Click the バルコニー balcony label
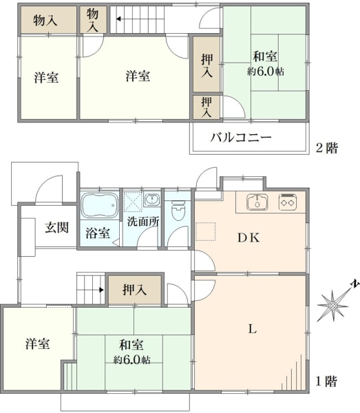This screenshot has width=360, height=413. point(241,138)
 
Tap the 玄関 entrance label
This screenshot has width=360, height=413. point(57,228)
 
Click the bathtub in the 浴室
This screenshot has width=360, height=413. point(99,205)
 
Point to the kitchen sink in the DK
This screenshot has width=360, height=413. point(257,202)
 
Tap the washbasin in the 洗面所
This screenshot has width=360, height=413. point(152,200)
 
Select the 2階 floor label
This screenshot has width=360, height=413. point(327,148)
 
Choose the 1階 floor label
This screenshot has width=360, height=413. point(326,381)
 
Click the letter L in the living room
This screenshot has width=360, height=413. point(253,329)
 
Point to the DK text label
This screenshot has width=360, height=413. point(248,238)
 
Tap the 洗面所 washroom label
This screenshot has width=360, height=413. point(143,222)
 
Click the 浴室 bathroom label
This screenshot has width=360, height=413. point(98,233)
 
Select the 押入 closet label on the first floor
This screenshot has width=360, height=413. point(135,290)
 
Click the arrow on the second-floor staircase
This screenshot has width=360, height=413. point(119,19)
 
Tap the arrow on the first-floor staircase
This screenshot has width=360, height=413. point(101,290)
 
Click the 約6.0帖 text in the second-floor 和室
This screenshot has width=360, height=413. point(266,72)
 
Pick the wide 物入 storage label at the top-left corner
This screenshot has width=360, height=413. point(45,20)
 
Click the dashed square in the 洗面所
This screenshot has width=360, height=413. point(133,202)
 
